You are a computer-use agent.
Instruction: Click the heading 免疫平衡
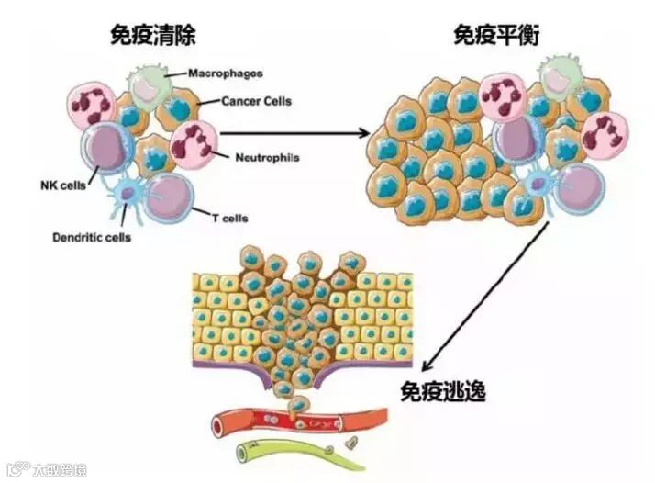tap(496, 36)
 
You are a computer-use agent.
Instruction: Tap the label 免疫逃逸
tap(442, 389)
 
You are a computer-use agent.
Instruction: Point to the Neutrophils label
tap(266, 156)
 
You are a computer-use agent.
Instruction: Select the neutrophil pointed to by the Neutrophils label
tap(194, 142)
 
